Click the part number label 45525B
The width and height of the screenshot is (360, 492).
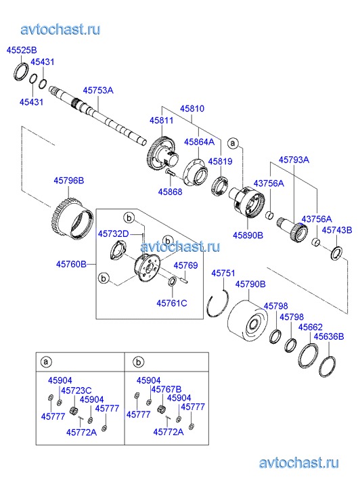[x=22, y=50]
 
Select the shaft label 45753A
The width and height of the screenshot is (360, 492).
[x=98, y=91]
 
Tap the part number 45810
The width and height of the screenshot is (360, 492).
[x=192, y=108]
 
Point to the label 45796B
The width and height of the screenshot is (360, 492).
[x=69, y=181]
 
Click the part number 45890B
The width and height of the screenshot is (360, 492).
[x=248, y=235]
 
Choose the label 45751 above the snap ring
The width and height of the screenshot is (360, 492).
[x=223, y=273]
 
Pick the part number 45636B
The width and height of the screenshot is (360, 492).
[x=329, y=336]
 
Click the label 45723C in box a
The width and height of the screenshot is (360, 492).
[x=76, y=390]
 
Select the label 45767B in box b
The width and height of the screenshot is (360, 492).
[x=166, y=389]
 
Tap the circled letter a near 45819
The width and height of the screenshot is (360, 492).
[x=233, y=143]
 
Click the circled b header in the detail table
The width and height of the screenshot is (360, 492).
[x=138, y=363]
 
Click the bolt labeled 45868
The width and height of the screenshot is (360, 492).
[x=170, y=173]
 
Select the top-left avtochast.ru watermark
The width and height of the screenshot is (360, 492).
[x=61, y=30]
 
